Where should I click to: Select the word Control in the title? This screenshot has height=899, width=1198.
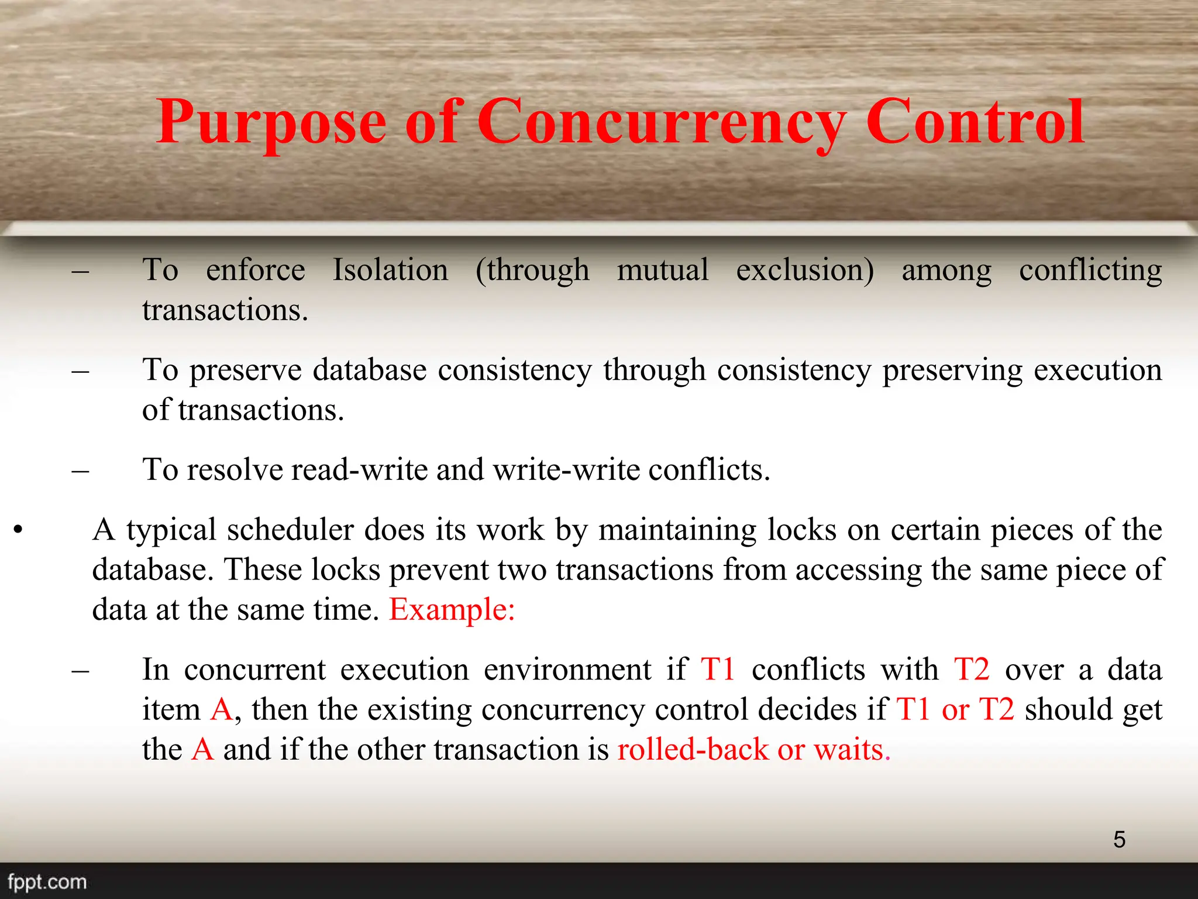975,122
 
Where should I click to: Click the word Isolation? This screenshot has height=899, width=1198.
390,270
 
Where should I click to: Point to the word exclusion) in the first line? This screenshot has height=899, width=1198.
805,270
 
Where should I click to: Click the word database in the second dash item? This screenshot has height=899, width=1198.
370,370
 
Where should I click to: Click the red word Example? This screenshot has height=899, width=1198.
452,610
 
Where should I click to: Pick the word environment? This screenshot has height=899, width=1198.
567,670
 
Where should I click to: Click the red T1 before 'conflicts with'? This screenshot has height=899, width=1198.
718,670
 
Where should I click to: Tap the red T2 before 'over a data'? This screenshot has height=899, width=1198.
972,670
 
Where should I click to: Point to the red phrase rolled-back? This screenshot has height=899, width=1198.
693,750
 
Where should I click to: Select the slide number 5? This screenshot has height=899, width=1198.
1119,839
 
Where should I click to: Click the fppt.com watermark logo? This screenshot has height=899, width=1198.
47,881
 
